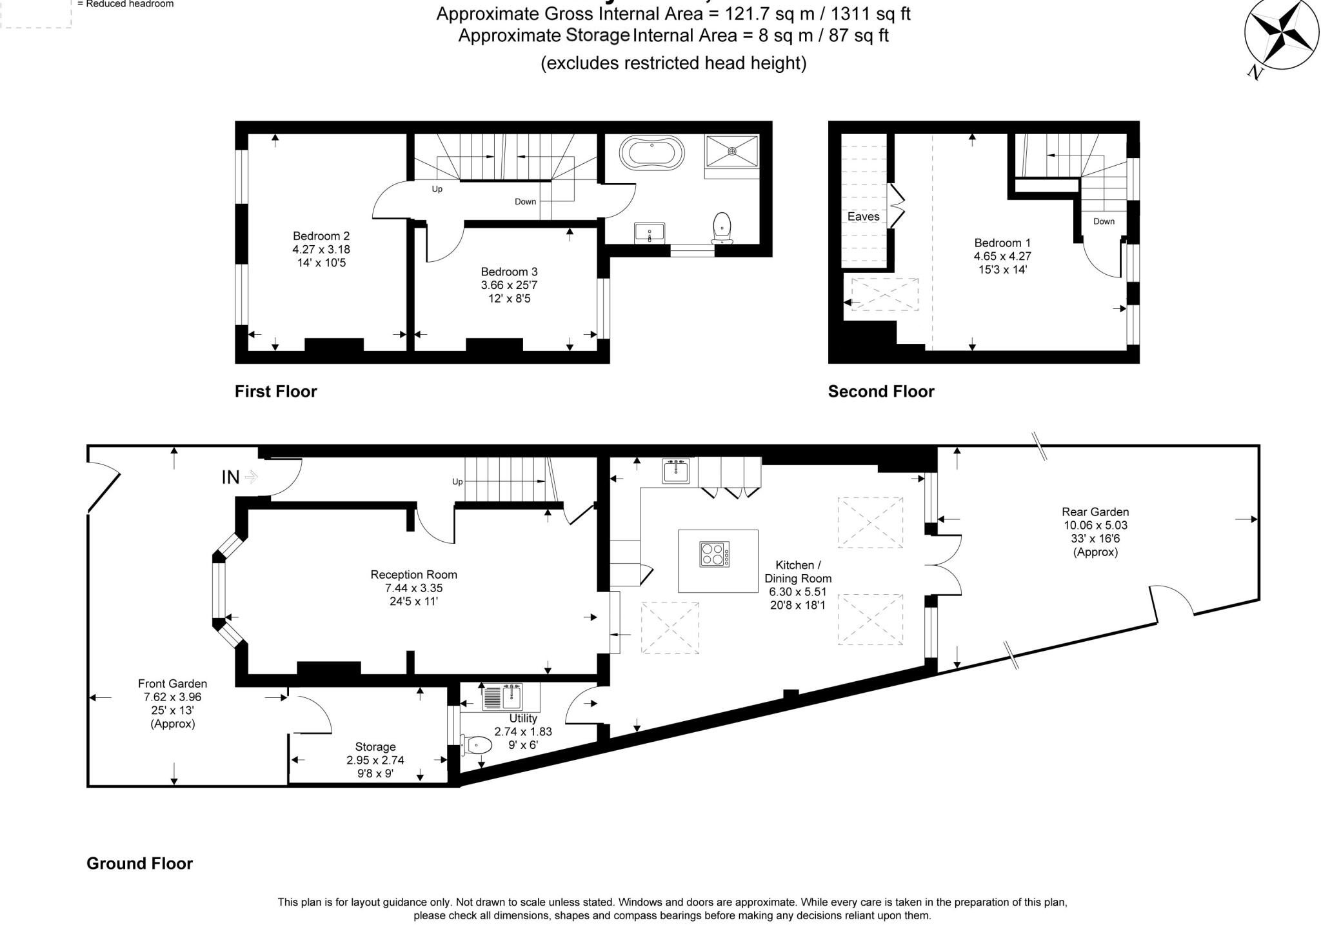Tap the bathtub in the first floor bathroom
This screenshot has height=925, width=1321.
(x=651, y=154)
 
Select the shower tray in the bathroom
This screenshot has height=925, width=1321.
(x=732, y=152)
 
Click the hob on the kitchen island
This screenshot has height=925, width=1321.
(x=715, y=554)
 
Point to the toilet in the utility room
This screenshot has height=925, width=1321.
(x=477, y=745)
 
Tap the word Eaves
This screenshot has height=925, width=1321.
(x=863, y=217)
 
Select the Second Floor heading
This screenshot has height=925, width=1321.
(x=881, y=392)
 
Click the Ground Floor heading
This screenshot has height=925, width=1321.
(x=140, y=864)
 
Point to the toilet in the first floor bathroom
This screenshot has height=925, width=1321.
(x=722, y=229)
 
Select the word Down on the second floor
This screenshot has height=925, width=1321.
(x=1104, y=221)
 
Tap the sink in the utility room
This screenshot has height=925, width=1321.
(x=504, y=697)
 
